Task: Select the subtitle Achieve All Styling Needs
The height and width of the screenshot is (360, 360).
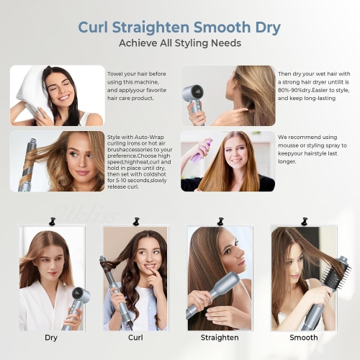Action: coord(180,44)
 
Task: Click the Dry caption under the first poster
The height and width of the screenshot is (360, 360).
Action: coord(51,337)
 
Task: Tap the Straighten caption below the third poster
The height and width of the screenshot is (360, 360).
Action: coord(219,337)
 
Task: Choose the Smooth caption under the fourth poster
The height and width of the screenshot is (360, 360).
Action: coord(303,337)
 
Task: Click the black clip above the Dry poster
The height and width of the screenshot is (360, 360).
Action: coord(51,217)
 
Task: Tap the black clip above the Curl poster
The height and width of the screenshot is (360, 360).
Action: coord(135,217)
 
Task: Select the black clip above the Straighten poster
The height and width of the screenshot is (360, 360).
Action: coord(218,217)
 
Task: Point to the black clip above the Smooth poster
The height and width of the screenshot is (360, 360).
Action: coord(303,217)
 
